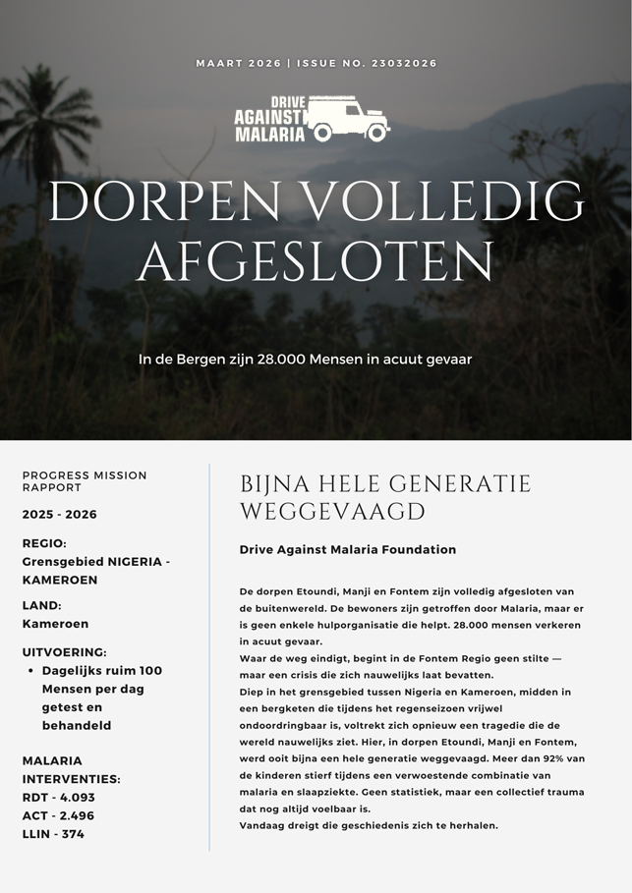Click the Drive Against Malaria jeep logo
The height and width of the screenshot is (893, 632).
coord(313,118)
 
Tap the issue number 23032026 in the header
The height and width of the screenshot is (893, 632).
coord(403,64)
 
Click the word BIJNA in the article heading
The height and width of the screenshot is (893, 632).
coord(273,483)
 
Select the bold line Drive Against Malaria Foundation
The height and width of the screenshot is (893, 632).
coord(347,550)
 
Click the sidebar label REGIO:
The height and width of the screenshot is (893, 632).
coord(44,543)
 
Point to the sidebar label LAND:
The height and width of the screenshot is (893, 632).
coord(42,605)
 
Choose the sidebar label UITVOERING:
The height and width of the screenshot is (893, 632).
coord(65,651)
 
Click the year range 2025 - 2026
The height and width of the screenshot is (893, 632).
coord(60,514)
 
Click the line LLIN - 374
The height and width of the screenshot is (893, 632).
coord(53,834)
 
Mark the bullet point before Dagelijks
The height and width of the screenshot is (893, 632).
coord(31,671)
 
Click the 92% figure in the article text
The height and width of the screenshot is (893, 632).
coord(552,757)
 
